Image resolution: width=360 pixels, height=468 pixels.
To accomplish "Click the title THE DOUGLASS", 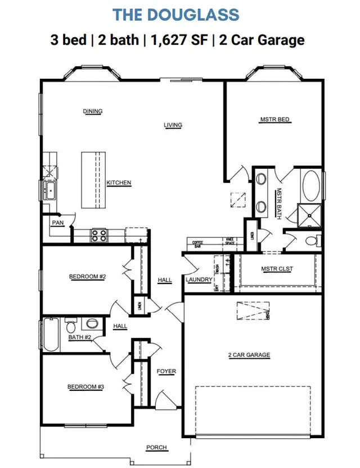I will [x=175, y=15].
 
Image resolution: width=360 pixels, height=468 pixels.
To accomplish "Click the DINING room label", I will [x=93, y=111].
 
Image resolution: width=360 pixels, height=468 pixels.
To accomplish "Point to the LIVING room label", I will [x=173, y=125].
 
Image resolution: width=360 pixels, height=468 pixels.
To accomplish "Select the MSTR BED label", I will [x=274, y=119].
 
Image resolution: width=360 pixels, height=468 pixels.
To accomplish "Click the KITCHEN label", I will [x=119, y=183].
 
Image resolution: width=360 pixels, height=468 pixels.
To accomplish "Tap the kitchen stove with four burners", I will [x=99, y=235].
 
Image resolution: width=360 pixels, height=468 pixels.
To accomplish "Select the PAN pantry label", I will [x=57, y=223].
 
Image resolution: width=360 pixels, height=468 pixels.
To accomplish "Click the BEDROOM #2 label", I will [x=88, y=276].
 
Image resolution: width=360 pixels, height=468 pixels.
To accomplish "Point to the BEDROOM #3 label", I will [x=86, y=386].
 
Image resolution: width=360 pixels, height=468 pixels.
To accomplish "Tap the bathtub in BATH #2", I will [x=50, y=335].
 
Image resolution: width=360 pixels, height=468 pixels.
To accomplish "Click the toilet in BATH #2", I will [x=71, y=326].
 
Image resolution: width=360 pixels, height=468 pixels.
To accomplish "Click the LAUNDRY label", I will [x=199, y=280].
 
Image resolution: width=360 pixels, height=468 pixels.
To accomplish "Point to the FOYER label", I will [x=166, y=371].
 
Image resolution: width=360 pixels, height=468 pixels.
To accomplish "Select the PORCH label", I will [x=156, y=447].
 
